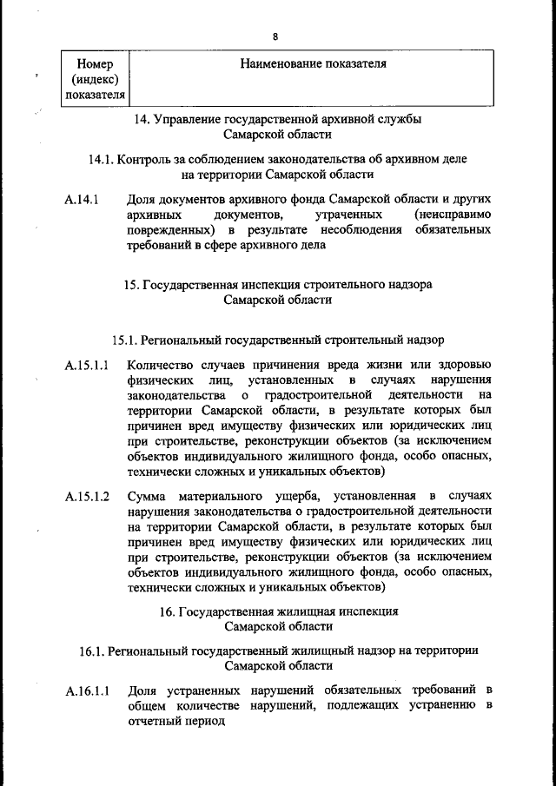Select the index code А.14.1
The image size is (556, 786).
click(82, 199)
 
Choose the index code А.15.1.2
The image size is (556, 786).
click(86, 495)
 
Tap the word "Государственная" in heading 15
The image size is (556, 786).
click(185, 284)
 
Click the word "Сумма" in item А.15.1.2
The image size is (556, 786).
click(146, 495)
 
